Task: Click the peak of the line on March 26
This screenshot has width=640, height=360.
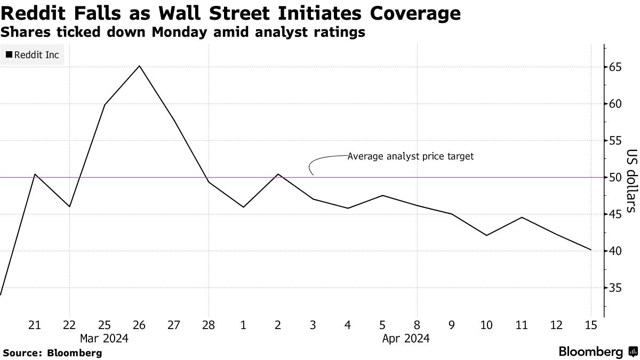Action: point(139,66)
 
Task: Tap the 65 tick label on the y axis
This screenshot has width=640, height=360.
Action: point(615,67)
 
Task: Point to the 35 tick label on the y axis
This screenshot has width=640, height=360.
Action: point(615,288)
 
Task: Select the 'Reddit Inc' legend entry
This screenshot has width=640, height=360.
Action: point(32,55)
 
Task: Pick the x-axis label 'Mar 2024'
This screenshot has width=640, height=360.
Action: point(105,338)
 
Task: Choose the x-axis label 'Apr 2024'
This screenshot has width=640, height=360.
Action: point(406,338)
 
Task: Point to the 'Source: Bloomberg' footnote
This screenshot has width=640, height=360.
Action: point(52,353)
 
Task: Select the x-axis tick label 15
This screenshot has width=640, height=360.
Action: point(590,325)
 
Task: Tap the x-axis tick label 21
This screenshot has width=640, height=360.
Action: point(35,325)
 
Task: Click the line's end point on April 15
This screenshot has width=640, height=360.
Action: point(590,250)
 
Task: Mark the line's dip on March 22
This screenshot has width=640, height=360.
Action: point(69,206)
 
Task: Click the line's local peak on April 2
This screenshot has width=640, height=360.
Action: point(278,174)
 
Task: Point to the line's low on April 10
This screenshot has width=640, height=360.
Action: point(486,235)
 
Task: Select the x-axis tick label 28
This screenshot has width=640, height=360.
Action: point(209,325)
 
